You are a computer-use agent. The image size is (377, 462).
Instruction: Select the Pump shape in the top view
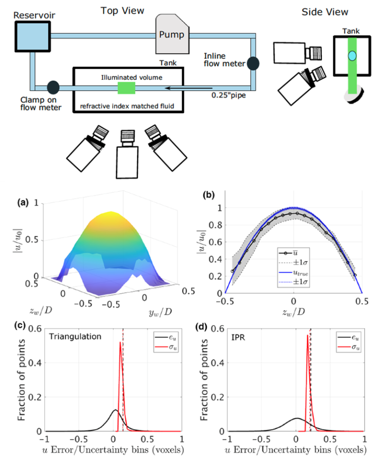pos(173,33)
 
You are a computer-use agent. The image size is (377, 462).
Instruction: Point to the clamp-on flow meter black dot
pos(54,86)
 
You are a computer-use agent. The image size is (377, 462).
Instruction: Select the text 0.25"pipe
pos(229,96)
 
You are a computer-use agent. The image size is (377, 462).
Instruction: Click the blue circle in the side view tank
pos(352,55)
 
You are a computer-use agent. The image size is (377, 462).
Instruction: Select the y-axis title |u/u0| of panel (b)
pos(201,248)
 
